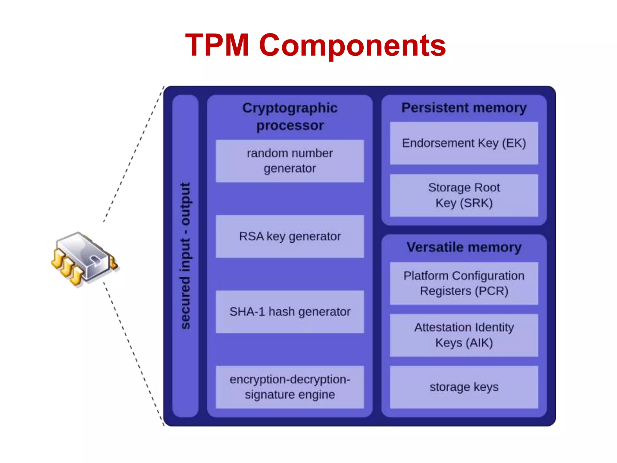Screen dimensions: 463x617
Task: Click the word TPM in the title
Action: (x=217, y=45)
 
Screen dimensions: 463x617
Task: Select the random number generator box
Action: (x=290, y=161)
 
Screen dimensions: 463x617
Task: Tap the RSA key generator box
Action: (x=290, y=236)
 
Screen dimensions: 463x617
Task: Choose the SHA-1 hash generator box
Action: (x=290, y=312)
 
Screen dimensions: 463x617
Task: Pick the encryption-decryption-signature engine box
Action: (x=290, y=387)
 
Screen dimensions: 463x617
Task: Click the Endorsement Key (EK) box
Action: (x=464, y=143)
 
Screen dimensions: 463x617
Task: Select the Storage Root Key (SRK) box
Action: (x=464, y=195)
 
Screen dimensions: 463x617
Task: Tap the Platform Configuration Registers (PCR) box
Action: (x=464, y=283)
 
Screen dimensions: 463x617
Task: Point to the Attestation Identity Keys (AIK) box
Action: (x=464, y=335)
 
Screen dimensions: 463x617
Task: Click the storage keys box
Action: (x=464, y=387)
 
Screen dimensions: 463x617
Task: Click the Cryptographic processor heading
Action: (x=290, y=116)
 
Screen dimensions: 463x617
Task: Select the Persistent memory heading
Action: (x=464, y=108)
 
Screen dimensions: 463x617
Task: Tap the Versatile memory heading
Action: (x=464, y=247)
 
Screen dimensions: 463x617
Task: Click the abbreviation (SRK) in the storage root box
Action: (x=476, y=203)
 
